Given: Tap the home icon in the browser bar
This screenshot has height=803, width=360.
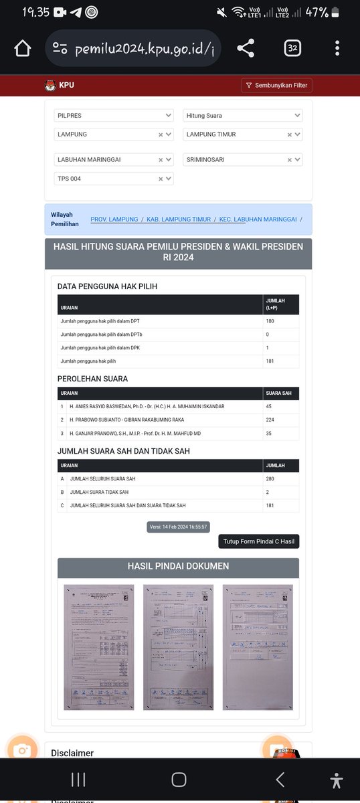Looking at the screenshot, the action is (23, 49).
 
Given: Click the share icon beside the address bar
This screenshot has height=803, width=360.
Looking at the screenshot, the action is (246, 48).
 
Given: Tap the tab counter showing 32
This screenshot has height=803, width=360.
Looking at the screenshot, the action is (292, 48).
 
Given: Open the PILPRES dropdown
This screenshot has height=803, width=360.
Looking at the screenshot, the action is (113, 116).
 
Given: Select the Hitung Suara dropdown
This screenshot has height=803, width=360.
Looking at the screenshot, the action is (242, 116).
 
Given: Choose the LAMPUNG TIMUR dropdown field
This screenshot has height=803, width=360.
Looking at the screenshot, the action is (242, 135).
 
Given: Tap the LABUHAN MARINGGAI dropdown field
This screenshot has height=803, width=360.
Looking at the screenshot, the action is (113, 160).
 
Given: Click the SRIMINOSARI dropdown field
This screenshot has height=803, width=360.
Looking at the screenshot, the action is (242, 160).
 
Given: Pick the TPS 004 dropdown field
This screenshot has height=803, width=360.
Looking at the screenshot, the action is (113, 179).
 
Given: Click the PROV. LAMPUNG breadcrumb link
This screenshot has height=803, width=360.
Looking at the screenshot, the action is (114, 219).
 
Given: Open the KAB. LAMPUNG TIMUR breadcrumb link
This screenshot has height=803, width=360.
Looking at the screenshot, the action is (178, 219).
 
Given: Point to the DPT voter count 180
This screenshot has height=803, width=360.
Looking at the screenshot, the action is (270, 321).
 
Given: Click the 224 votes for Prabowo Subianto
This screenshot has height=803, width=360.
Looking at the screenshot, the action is (270, 420).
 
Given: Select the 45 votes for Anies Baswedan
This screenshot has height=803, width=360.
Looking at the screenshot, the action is (269, 406).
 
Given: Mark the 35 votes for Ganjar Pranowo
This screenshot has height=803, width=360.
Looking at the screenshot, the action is (269, 433).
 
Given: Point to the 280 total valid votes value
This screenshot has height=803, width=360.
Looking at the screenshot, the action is (270, 479).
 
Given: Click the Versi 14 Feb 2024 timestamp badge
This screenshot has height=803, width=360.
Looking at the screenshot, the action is (179, 527).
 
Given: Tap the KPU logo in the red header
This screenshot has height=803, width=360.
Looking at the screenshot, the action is (50, 86).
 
